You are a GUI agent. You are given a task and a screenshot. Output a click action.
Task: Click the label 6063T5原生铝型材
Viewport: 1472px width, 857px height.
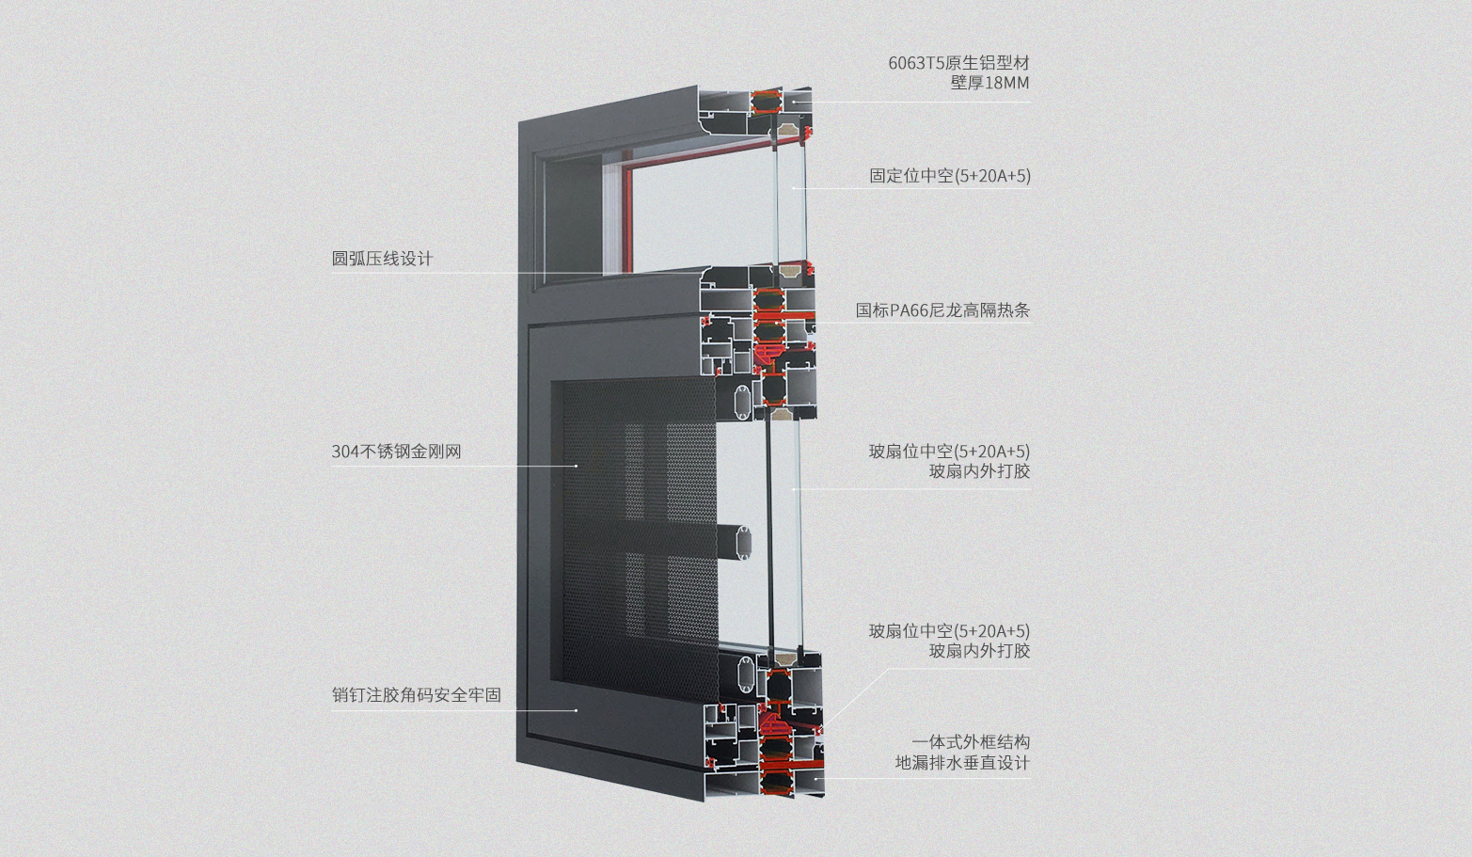(x=958, y=63)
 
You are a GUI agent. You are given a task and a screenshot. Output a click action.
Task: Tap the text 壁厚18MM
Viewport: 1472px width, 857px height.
(x=989, y=83)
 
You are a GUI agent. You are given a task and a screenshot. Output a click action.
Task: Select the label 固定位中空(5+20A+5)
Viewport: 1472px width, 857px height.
(x=950, y=176)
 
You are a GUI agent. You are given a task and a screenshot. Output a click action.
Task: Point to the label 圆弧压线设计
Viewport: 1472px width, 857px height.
(x=382, y=259)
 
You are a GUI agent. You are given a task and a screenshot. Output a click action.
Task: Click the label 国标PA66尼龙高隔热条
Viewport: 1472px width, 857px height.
(x=942, y=310)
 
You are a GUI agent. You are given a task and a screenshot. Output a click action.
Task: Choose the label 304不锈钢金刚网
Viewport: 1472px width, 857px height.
(x=396, y=452)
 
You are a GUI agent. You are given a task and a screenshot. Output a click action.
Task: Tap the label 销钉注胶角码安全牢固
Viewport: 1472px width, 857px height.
(x=416, y=694)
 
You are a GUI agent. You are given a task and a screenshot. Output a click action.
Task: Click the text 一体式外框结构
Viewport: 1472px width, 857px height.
(x=971, y=742)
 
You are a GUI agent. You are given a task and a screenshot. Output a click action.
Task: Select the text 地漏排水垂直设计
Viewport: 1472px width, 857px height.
(x=962, y=763)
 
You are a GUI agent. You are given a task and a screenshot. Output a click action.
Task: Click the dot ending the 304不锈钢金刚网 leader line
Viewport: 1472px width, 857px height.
(x=577, y=466)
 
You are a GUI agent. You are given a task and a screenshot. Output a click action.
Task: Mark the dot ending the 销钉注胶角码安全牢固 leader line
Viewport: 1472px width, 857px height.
(x=577, y=710)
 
